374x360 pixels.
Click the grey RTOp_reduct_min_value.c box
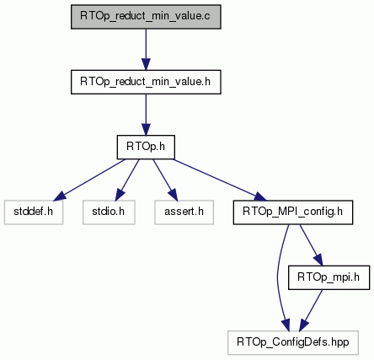tap(146, 17)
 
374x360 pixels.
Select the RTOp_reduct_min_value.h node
tap(146, 82)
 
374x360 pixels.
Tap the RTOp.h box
tap(146, 148)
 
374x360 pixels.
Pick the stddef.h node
tap(34, 212)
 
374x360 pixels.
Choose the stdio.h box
tap(109, 212)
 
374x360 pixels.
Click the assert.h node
tap(184, 212)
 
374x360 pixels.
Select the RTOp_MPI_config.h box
tap(293, 212)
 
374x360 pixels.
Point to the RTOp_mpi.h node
tap(329, 277)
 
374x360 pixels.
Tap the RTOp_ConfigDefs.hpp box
tap(293, 343)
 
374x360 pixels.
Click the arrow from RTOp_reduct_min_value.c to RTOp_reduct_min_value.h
tap(146, 49)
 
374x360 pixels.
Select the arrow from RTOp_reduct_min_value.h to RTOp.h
tap(146, 115)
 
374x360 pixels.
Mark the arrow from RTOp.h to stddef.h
tap(89, 180)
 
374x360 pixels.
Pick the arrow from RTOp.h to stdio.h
tap(127, 180)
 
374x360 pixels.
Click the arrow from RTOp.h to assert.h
tap(165, 180)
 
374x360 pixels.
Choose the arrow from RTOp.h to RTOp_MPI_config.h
tap(220, 180)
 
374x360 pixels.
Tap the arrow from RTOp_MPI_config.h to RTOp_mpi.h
tap(312, 245)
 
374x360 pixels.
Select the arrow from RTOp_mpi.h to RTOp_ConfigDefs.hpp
tap(311, 310)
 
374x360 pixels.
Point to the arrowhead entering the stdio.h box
tap(119, 195)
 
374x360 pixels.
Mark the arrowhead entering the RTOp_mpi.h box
tap(318, 260)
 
